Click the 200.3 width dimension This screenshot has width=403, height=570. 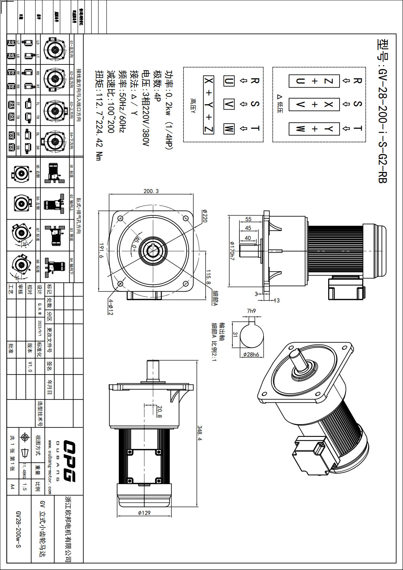point(151,191)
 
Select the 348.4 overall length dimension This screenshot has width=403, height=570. point(200,434)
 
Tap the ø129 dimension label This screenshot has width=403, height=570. point(144,513)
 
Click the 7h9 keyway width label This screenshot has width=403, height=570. point(251,311)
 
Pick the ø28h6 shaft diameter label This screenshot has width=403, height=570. point(251,355)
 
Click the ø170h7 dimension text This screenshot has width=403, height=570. point(232,251)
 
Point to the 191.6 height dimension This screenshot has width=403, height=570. point(101,251)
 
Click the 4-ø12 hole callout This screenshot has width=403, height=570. point(111,307)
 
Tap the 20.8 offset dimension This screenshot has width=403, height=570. point(159,412)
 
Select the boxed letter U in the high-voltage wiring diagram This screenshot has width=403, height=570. point(229,81)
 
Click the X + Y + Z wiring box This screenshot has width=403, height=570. point(209,105)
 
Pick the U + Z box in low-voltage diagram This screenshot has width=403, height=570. point(314,81)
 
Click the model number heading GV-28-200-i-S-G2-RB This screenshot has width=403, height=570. point(383,111)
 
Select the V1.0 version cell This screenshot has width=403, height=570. point(30,366)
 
